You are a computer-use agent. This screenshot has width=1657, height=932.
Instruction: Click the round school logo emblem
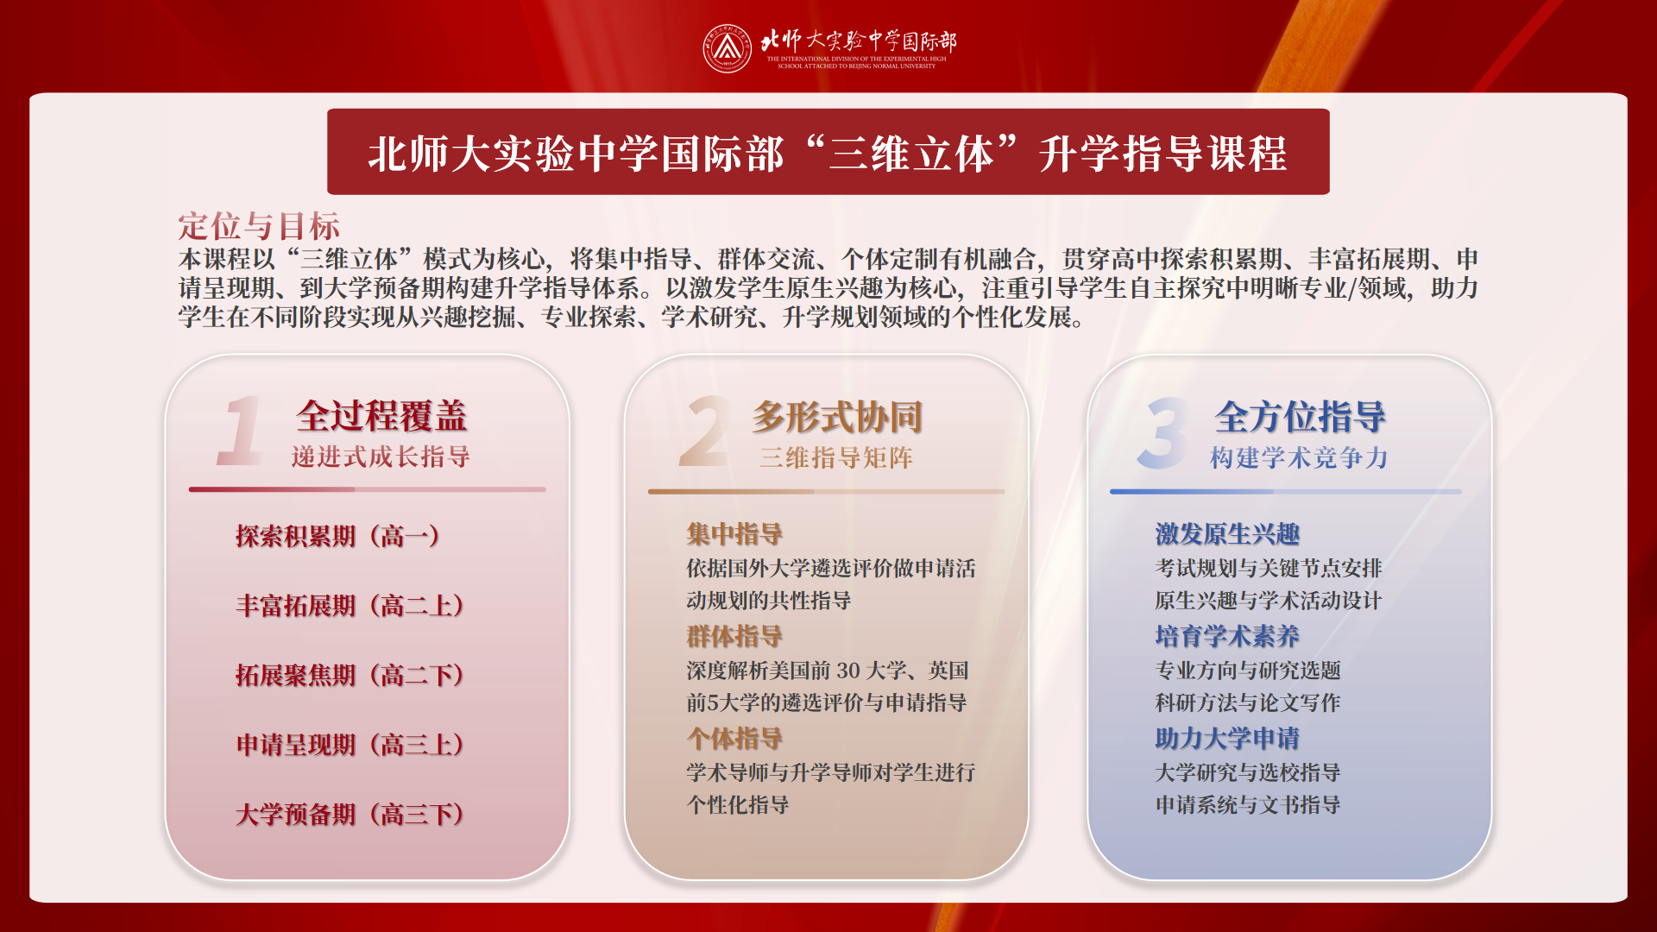pos(727,48)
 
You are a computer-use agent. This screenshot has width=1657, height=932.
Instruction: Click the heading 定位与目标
pos(259,226)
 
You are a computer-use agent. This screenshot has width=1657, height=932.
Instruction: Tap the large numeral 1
pos(240,431)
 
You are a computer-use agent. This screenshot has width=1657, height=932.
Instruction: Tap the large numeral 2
pos(703,431)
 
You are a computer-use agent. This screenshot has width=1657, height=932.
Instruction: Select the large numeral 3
pos(1162,432)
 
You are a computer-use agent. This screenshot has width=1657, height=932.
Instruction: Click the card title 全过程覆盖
pos(381,416)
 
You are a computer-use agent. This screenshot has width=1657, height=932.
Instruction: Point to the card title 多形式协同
pos(837,417)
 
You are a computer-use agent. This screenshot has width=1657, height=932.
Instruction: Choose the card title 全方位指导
pos(1300,417)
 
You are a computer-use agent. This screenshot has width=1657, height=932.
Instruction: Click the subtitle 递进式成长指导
pos(381,457)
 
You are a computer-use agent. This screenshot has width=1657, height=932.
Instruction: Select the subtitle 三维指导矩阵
pos(836,457)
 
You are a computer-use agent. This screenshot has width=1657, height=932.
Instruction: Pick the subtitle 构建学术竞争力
pos(1299,457)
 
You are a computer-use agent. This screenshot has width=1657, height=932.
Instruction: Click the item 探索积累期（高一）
pos(338,536)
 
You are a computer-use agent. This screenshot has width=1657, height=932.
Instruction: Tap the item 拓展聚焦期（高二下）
pos(350,675)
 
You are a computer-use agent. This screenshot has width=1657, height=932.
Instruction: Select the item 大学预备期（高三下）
pos(350,814)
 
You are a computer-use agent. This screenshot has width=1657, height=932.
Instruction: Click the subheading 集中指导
pos(734,534)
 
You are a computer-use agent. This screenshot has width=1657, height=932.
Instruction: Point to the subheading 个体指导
pos(734,739)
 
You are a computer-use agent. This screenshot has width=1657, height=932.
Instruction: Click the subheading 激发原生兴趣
pos(1227,534)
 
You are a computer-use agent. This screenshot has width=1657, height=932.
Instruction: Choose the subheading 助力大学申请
pos(1227,739)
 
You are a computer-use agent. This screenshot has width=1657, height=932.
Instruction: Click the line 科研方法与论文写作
pos(1248,702)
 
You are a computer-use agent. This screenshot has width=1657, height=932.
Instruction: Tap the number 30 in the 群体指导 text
pos(847,671)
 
